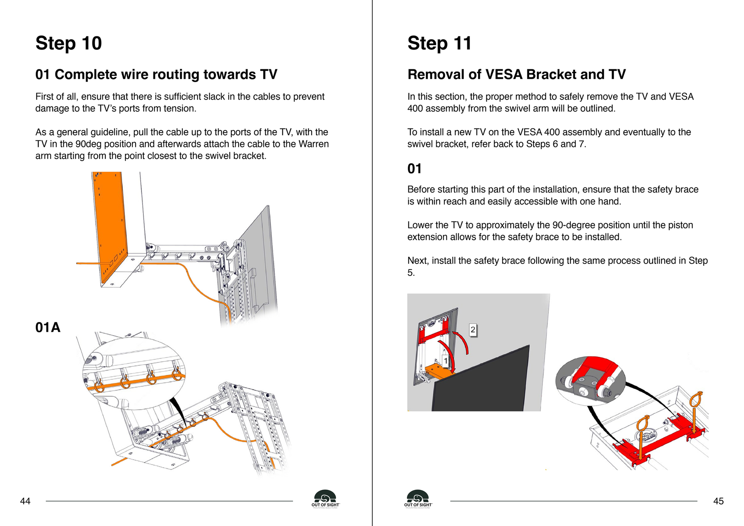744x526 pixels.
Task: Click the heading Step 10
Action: tap(69, 43)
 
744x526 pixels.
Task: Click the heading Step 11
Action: tap(439, 43)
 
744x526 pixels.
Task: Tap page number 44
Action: tap(25, 501)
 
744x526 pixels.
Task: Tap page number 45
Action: tap(718, 501)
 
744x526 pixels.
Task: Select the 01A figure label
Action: tap(48, 327)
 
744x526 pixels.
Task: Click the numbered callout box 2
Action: tap(473, 330)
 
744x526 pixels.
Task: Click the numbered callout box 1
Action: tap(446, 361)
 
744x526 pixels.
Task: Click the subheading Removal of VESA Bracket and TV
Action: tap(517, 74)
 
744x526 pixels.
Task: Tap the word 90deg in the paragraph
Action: tap(88, 144)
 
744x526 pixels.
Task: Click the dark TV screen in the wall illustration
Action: tap(484, 384)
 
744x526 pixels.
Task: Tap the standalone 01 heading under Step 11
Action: tap(414, 169)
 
